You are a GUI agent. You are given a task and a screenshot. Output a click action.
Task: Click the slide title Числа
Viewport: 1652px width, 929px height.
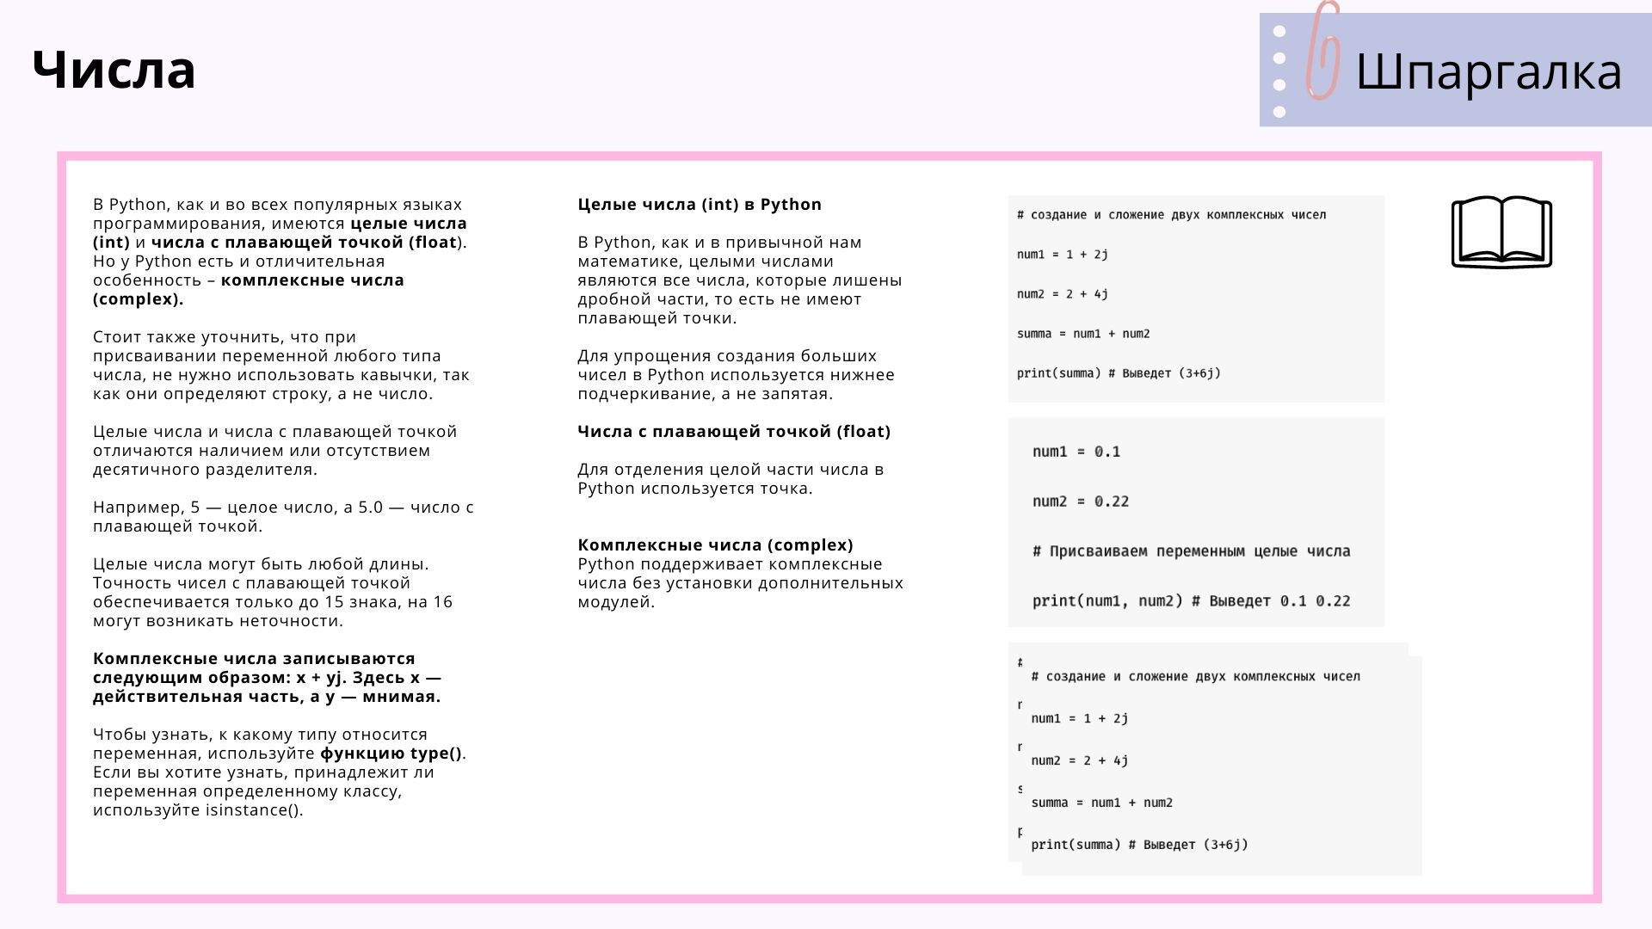point(114,70)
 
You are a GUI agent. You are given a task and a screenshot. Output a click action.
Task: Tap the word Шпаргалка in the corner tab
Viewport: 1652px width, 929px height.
point(1489,71)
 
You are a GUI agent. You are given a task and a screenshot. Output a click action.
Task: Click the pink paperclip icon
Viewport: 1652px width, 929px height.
point(1323,52)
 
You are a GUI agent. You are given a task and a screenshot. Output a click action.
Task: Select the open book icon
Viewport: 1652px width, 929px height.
point(1501,232)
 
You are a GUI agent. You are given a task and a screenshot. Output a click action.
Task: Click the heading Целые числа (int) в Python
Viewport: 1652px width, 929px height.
point(700,205)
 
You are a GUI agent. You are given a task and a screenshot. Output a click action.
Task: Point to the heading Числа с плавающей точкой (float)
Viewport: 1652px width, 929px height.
point(734,432)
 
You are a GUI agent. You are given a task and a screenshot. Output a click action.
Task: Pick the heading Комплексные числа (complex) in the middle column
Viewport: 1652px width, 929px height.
point(715,545)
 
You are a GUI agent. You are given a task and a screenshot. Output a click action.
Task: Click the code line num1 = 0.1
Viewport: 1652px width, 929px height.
point(1076,452)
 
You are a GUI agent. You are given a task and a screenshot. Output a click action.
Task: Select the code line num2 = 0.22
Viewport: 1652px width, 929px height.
point(1081,501)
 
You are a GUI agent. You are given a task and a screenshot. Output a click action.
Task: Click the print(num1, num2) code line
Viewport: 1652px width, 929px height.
point(1191,601)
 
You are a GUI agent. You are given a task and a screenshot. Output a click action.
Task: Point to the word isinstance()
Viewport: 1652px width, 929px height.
point(254,810)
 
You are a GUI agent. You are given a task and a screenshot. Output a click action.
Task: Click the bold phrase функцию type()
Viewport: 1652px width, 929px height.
point(391,754)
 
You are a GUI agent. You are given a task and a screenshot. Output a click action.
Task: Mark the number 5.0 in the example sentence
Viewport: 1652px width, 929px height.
point(370,508)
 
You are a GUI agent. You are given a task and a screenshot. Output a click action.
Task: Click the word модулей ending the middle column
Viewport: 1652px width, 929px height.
point(615,602)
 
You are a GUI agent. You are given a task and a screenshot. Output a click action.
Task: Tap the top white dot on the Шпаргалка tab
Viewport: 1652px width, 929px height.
point(1279,32)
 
